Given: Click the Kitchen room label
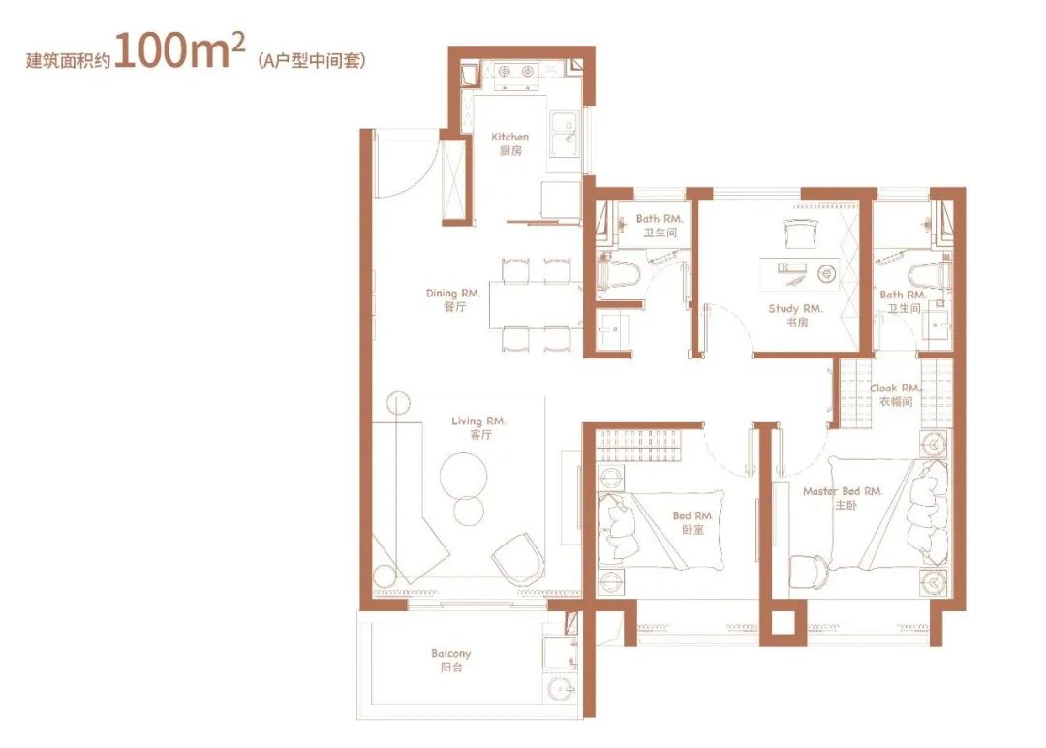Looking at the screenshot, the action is (509, 143).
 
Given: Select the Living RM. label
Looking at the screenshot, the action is (479, 427).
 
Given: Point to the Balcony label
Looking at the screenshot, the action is (451, 660).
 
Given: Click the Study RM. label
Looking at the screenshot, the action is (796, 315).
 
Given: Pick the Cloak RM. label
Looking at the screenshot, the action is (895, 394).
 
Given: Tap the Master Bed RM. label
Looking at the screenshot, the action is (844, 498).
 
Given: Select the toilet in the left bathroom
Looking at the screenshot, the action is (620, 274).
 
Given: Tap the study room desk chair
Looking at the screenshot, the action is (799, 234).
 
